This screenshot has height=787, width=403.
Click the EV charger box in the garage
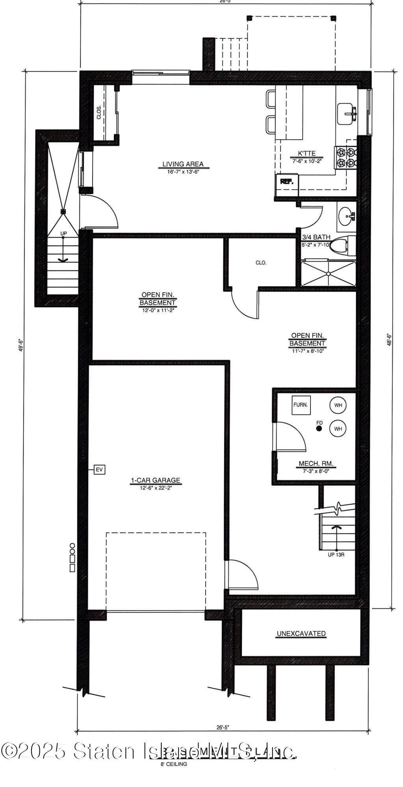tap(100, 469)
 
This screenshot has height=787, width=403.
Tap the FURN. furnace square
tap(301, 405)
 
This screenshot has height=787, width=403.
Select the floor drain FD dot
tap(319, 429)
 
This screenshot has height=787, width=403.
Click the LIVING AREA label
tap(183, 164)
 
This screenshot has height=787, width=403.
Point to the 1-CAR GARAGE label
tap(156, 480)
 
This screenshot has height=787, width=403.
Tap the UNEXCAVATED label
tap(301, 634)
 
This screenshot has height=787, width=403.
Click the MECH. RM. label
tap(316, 464)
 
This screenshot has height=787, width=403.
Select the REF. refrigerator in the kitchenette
tap(286, 181)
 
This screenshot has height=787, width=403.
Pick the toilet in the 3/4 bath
tap(340, 246)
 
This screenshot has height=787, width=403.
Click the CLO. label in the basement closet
tap(261, 262)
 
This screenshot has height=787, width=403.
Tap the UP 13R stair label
tap(336, 555)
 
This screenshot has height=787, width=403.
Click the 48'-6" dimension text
tap(389, 340)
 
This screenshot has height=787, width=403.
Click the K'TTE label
tap(306, 153)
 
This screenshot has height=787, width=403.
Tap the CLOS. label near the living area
tap(99, 113)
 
